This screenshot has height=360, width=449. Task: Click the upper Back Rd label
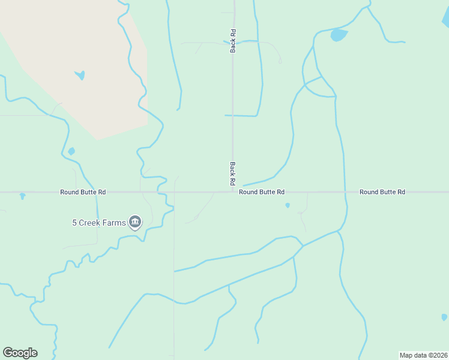pyautogui.click(x=233, y=41)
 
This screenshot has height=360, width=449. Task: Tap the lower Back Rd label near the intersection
pyautogui.click(x=233, y=173)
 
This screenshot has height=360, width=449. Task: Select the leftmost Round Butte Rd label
pyautogui.click(x=83, y=192)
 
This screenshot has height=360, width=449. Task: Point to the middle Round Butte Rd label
pyautogui.click(x=262, y=192)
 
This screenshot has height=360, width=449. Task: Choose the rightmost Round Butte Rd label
pyautogui.click(x=382, y=192)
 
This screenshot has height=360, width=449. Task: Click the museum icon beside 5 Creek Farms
pyautogui.click(x=135, y=223)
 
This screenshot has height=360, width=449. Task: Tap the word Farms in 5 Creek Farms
pyautogui.click(x=114, y=223)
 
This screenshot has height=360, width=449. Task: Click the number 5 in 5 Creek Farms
pyautogui.click(x=75, y=223)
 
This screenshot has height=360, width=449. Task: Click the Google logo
pyautogui.click(x=20, y=353)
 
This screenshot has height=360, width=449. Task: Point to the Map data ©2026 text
pyautogui.click(x=424, y=355)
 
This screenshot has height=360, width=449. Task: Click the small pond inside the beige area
pyautogui.click(x=80, y=76)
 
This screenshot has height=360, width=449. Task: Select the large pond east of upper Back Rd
pyautogui.click(x=339, y=35)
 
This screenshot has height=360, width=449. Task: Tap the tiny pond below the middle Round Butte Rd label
pyautogui.click(x=288, y=205)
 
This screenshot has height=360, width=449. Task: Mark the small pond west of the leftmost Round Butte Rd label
pyautogui.click(x=22, y=196)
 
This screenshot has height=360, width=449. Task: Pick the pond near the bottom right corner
pyautogui.click(x=444, y=317)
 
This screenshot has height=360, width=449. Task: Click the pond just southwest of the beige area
pyautogui.click(x=71, y=151)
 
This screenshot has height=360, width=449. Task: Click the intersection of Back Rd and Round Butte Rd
pyautogui.click(x=233, y=192)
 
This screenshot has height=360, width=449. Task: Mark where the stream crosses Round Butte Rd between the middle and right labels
pyautogui.click(x=345, y=192)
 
